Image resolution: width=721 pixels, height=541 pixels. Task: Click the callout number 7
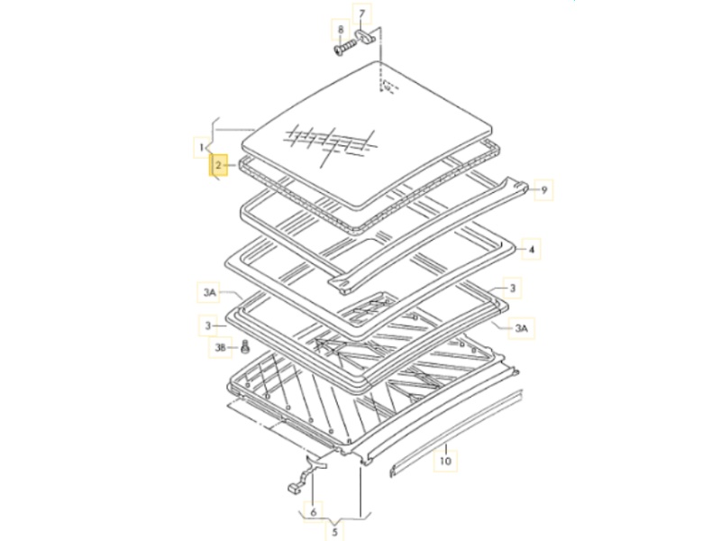362,14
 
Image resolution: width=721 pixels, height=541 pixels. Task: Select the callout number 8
341,30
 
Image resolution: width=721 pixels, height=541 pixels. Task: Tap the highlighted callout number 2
218,165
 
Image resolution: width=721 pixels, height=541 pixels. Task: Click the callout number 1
201,148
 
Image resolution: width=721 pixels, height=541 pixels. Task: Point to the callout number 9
544,190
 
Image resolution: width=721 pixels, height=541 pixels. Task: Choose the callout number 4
532,250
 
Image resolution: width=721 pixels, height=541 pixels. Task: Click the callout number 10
445,461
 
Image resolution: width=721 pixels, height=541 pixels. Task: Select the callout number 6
313,512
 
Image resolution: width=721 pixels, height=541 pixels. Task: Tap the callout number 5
334,533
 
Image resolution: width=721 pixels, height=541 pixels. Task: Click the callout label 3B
221,347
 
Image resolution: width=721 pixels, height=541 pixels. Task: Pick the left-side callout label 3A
209,292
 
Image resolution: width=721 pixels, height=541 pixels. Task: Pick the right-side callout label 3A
521,328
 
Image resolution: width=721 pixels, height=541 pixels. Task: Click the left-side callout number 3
208,326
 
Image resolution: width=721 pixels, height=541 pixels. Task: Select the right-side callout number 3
512,289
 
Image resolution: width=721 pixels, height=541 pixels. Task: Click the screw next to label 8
345,48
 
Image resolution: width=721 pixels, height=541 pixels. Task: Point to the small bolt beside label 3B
245,347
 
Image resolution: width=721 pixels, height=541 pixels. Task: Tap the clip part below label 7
366,35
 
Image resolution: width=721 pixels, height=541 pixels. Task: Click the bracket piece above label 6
306,475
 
